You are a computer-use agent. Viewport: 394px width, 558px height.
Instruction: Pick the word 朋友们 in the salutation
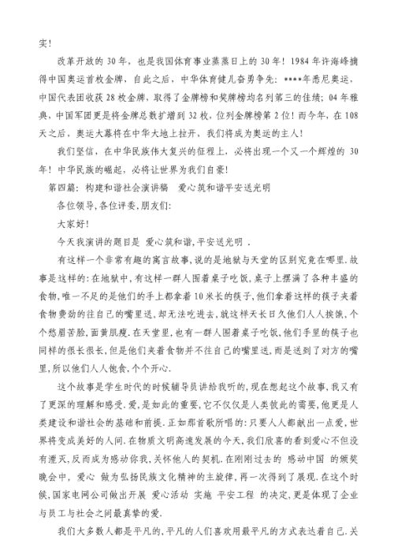point(168,203)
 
